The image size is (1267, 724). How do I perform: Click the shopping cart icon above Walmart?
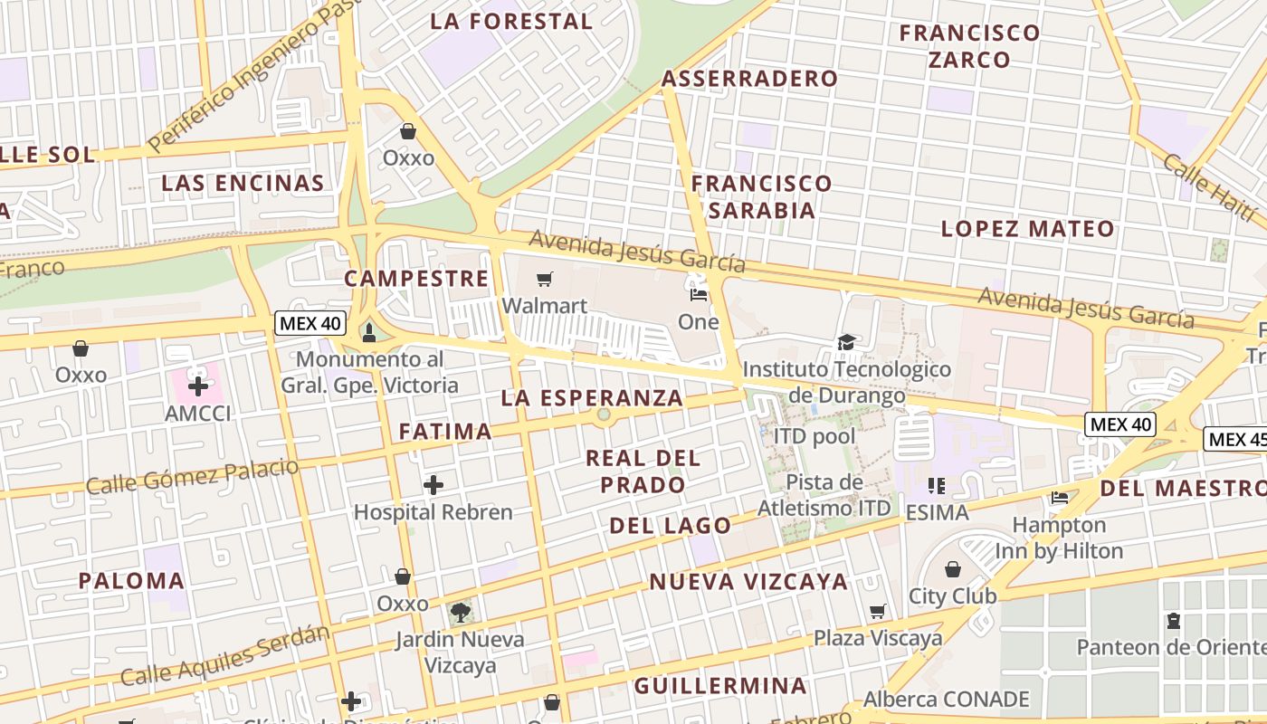pyautogui.click(x=544, y=280)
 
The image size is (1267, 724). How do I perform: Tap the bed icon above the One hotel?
pyautogui.click(x=698, y=294)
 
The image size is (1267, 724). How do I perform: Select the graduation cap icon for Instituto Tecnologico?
pyautogui.click(x=846, y=342)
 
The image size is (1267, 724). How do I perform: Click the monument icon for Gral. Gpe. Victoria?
pyautogui.click(x=368, y=332)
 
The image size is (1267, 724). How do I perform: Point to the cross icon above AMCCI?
pyautogui.click(x=197, y=386)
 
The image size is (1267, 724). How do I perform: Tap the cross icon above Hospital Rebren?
pyautogui.click(x=433, y=485)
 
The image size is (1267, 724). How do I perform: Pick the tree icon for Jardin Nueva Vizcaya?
pyautogui.click(x=460, y=612)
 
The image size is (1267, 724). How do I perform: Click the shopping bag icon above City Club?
pyautogui.click(x=952, y=569)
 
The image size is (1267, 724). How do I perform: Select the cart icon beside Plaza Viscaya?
pyautogui.click(x=877, y=612)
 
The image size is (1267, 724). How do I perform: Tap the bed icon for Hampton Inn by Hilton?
pyautogui.click(x=1059, y=497)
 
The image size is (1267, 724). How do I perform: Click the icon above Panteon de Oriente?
pyautogui.click(x=1174, y=621)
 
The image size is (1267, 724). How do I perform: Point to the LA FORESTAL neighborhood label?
pyautogui.click(x=511, y=21)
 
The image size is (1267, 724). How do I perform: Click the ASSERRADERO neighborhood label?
pyautogui.click(x=750, y=79)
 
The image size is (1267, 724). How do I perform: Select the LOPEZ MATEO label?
pyautogui.click(x=1028, y=228)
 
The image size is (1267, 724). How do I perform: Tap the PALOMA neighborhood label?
pyautogui.click(x=131, y=581)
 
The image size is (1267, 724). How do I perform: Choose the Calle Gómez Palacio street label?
pyautogui.click(x=192, y=476)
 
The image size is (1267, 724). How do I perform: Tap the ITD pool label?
pyautogui.click(x=814, y=437)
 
